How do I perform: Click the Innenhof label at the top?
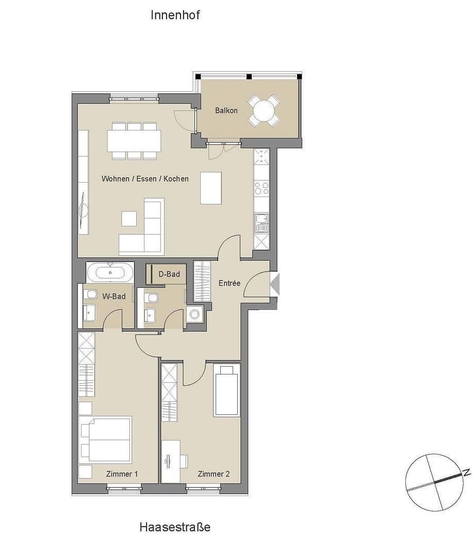click(175, 15)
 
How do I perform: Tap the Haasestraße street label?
click(175, 527)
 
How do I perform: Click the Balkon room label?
click(226, 110)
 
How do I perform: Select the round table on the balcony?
click(264, 110)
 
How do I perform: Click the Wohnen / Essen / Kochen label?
click(145, 179)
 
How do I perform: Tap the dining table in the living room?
click(134, 140)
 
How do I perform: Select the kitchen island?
click(211, 188)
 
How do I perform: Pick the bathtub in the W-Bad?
click(110, 272)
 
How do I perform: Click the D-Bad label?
click(169, 274)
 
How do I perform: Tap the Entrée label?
click(230, 283)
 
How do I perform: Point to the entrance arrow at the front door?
click(275, 284)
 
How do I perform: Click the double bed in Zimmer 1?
click(106, 440)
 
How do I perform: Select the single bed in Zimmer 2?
click(227, 390)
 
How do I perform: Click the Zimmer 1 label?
click(122, 474)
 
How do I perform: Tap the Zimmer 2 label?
click(214, 474)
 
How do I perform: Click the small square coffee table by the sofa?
click(129, 219)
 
